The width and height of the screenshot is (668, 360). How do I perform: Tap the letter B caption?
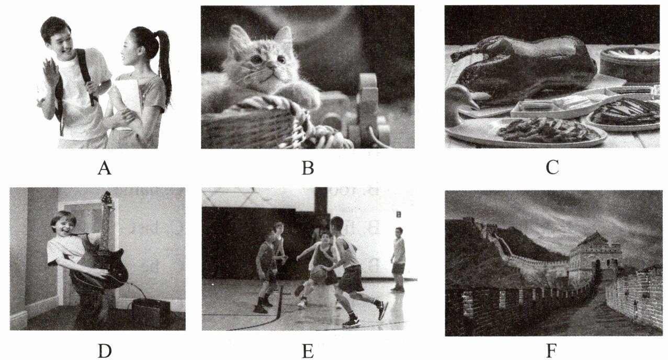coord(308,168)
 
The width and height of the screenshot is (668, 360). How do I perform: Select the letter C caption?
coord(552,167)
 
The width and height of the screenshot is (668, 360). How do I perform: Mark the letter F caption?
coord(551,351)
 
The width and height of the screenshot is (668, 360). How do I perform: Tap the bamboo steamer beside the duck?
coord(629,63)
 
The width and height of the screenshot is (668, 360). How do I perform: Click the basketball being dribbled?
coord(319,274)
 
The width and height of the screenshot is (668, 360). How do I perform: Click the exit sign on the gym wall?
coord(399,214)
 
